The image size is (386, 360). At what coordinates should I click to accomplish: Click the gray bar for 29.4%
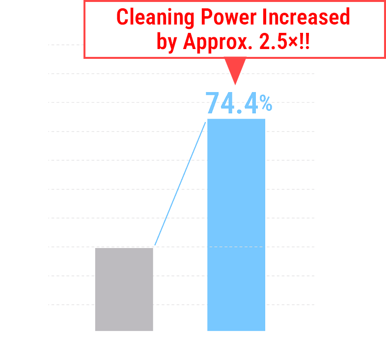pyautogui.click(x=124, y=289)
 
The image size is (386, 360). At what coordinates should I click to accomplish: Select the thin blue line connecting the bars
pyautogui.click(x=180, y=182)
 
